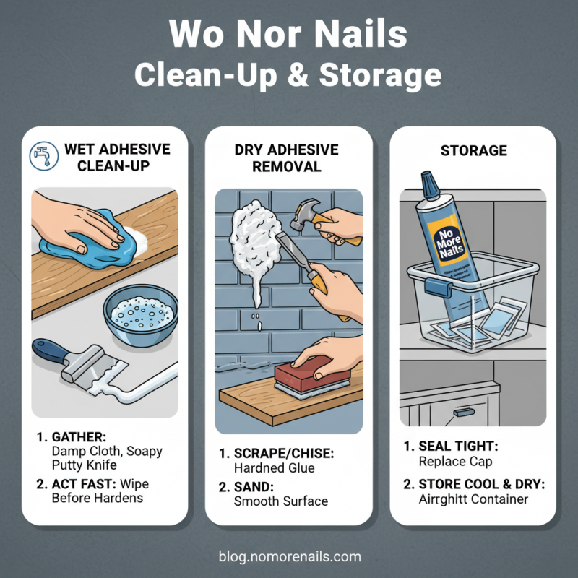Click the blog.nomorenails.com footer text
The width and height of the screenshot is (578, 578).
289,556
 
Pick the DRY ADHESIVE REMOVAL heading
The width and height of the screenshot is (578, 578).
286,158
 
